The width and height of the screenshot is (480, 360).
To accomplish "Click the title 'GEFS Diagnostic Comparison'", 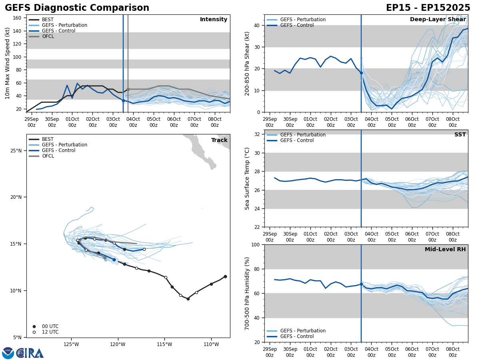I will [x=77, y=8].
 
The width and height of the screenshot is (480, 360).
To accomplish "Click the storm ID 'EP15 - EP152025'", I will [x=428, y=8].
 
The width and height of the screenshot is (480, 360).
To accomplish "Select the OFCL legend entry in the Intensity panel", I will [x=48, y=36].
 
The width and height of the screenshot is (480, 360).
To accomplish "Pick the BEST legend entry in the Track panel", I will [x=48, y=139].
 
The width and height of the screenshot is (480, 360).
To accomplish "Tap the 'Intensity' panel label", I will [x=214, y=20].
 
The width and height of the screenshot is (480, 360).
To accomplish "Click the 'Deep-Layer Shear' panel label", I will [x=438, y=20].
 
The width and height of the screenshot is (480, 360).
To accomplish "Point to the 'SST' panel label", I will [x=460, y=135].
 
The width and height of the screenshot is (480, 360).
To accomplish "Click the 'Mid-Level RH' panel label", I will [x=445, y=250].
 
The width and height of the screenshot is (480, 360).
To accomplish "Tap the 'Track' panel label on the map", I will [x=219, y=140].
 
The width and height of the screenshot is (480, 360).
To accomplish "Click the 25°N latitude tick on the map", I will [x=16, y=150].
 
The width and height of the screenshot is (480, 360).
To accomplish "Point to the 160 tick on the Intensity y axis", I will [x=17, y=18].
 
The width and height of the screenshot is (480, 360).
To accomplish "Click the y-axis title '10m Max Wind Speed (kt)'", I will [x=8, y=63].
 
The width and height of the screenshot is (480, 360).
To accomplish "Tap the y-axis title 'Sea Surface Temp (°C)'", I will [x=247, y=178].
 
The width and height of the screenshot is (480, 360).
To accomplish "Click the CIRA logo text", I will [x=30, y=353].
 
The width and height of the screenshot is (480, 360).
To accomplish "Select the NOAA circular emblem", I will [x=8, y=353].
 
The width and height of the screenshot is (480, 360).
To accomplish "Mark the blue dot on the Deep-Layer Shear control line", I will [x=361, y=73].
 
